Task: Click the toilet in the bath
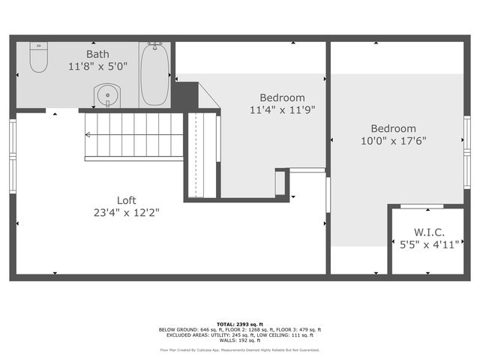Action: tap(38, 58)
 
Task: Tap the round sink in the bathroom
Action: tap(106, 96)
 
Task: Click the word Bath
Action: tap(97, 54)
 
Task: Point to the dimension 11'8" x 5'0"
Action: tap(97, 66)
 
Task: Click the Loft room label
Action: tap(126, 200)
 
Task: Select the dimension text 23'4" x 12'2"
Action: tap(126, 212)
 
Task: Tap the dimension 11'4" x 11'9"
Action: tap(282, 109)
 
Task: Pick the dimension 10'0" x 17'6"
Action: tap(394, 140)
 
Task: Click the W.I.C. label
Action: tap(424, 232)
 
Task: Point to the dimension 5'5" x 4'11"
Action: tap(424, 244)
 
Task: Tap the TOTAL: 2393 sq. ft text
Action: tap(240, 323)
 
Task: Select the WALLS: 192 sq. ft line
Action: tap(240, 340)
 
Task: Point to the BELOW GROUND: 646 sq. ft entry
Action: tap(187, 329)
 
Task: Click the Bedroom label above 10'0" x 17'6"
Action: tap(394, 128)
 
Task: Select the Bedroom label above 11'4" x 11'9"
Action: tap(282, 97)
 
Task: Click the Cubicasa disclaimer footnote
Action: tap(240, 349)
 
